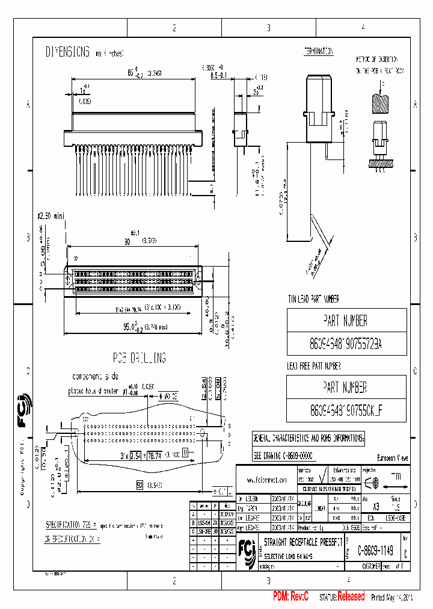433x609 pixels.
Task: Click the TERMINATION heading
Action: (318, 51)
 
